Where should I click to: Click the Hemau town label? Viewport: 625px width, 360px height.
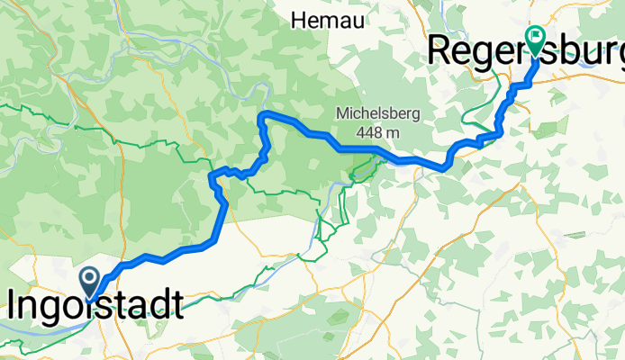click(326, 19)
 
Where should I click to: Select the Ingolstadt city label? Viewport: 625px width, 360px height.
click(95, 306)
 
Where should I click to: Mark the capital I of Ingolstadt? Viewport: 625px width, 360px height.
click(14, 306)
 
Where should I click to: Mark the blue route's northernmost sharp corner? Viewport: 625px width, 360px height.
click(261, 114)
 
